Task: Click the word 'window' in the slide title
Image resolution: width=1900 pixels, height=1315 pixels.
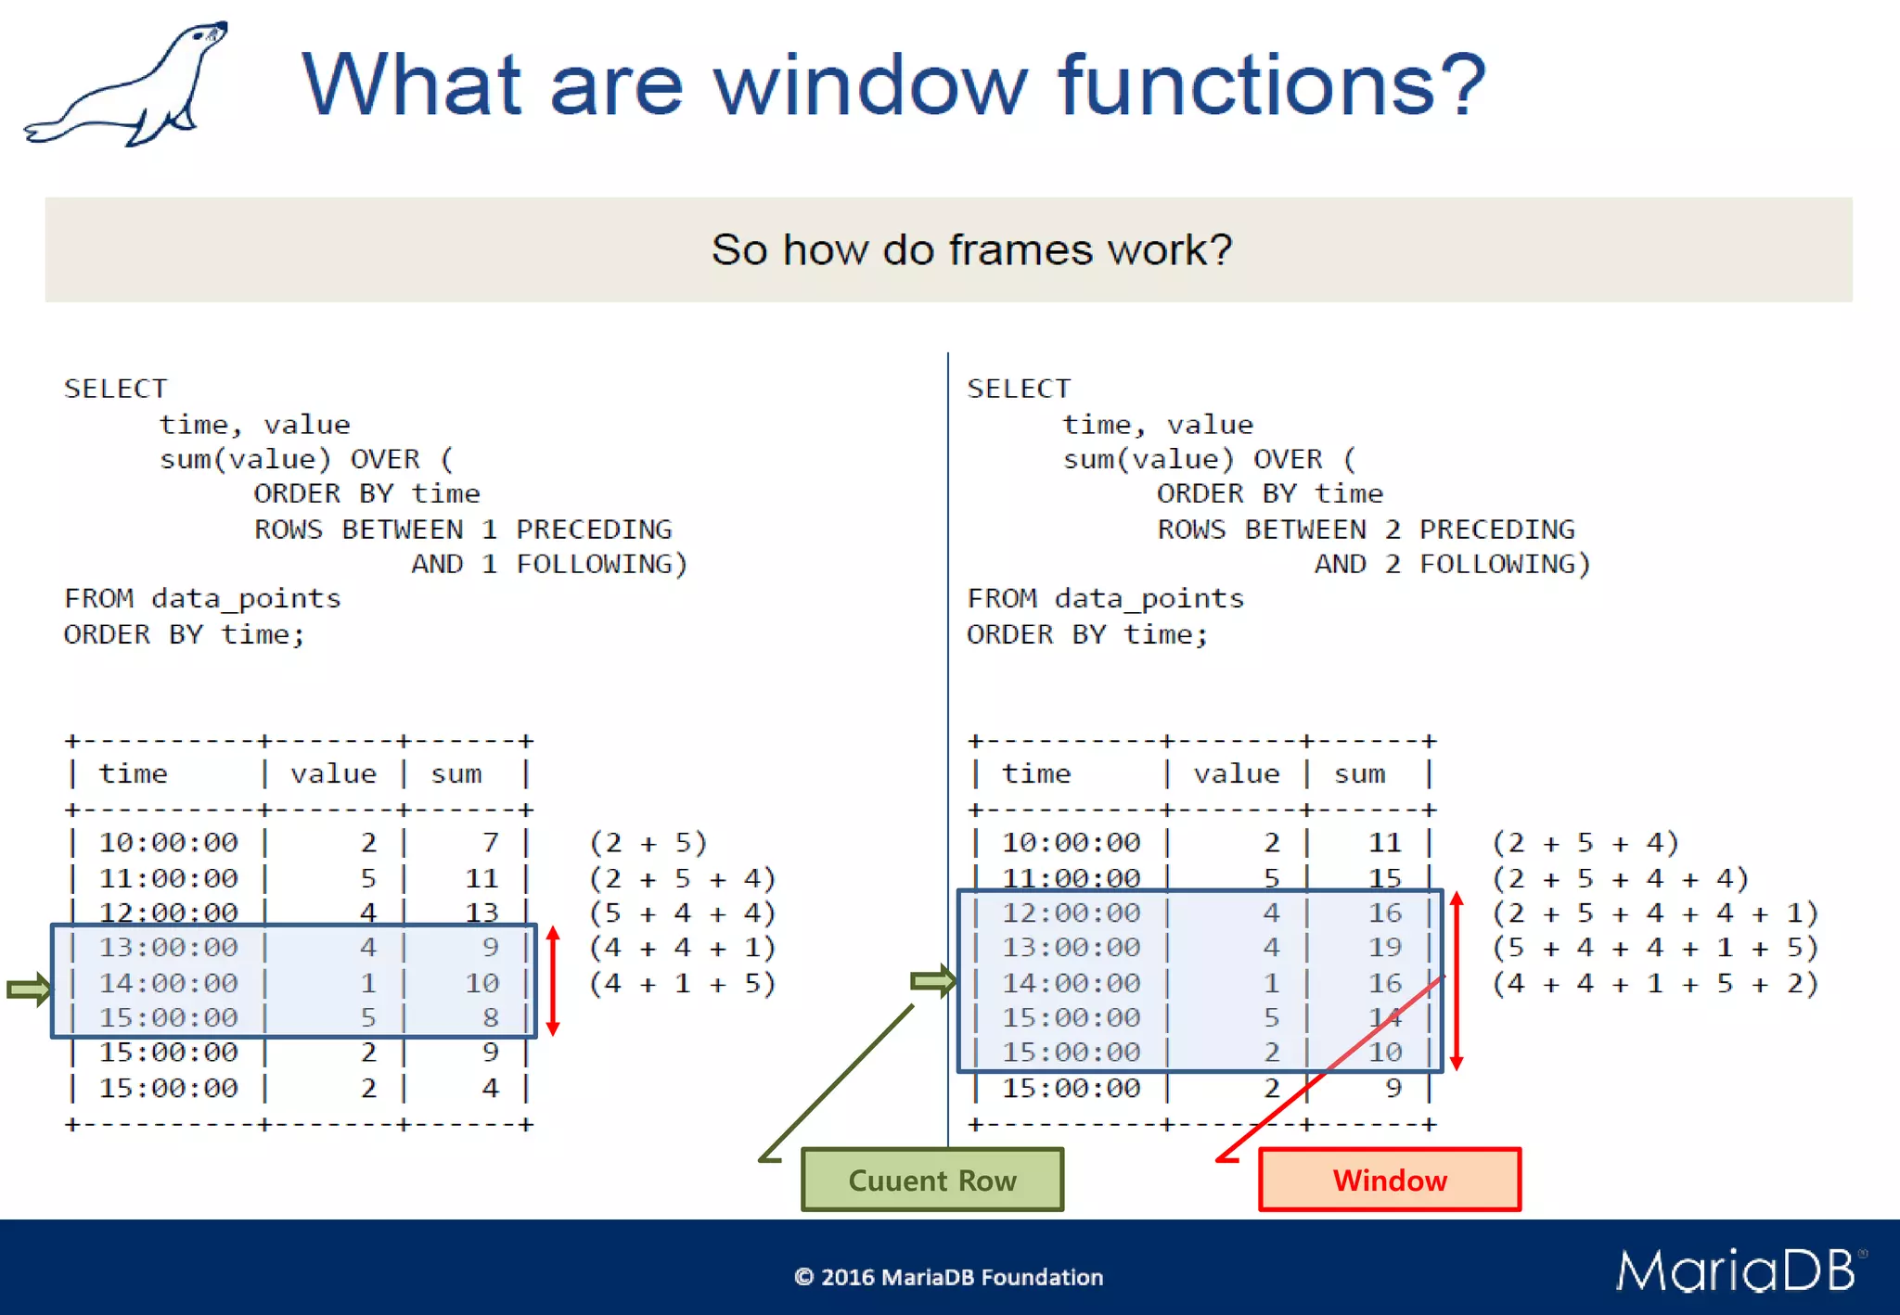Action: [870, 85]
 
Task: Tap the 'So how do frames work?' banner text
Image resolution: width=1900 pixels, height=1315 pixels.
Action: [970, 249]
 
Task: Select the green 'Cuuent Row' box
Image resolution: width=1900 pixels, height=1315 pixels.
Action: [931, 1180]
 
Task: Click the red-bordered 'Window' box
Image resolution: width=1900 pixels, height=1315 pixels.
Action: [1389, 1180]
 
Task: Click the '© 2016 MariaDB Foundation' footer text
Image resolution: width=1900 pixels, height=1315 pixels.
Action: [948, 1277]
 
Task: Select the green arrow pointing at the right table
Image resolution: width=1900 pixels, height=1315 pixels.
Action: [932, 980]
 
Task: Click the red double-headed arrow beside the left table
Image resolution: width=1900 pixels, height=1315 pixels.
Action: [553, 980]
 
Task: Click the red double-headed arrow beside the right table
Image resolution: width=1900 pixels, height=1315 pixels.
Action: [1457, 980]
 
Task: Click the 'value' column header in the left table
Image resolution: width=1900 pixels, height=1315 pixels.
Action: [333, 773]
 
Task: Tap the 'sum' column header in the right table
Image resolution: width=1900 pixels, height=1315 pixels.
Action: [1359, 773]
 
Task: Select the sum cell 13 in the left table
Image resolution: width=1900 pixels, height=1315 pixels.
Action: [481, 913]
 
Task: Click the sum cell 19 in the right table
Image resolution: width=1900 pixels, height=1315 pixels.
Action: [1384, 948]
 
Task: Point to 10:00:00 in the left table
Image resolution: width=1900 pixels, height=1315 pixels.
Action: [168, 842]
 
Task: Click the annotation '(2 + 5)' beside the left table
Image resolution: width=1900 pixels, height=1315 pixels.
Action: [648, 842]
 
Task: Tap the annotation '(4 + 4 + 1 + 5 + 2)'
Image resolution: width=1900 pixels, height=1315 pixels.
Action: [1654, 983]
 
